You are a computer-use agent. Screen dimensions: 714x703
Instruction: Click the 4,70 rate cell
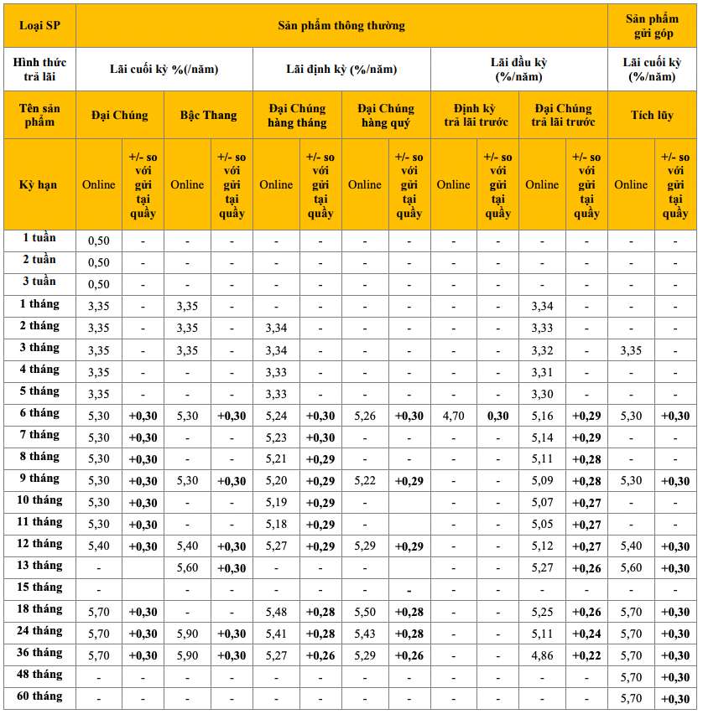click(453, 415)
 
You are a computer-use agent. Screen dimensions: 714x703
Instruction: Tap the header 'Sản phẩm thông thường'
click(341, 25)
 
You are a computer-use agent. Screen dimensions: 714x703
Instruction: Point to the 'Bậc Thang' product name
click(208, 115)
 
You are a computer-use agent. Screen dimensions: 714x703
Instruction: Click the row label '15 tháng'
click(40, 587)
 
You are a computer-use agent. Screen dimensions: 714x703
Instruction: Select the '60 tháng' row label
click(40, 697)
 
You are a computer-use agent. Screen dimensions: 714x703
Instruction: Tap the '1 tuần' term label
click(40, 239)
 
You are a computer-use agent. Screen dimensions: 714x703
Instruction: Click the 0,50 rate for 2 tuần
click(99, 262)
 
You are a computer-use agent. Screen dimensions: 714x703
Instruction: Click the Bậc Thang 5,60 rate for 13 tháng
click(187, 567)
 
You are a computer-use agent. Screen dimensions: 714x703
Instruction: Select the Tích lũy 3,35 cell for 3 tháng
click(631, 349)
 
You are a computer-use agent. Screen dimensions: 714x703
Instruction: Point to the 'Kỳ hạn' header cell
click(40, 184)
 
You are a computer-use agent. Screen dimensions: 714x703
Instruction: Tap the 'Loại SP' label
click(40, 25)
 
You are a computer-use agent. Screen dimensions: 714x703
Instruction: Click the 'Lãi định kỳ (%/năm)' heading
click(341, 69)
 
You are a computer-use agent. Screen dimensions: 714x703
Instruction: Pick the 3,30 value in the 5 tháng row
click(542, 393)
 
